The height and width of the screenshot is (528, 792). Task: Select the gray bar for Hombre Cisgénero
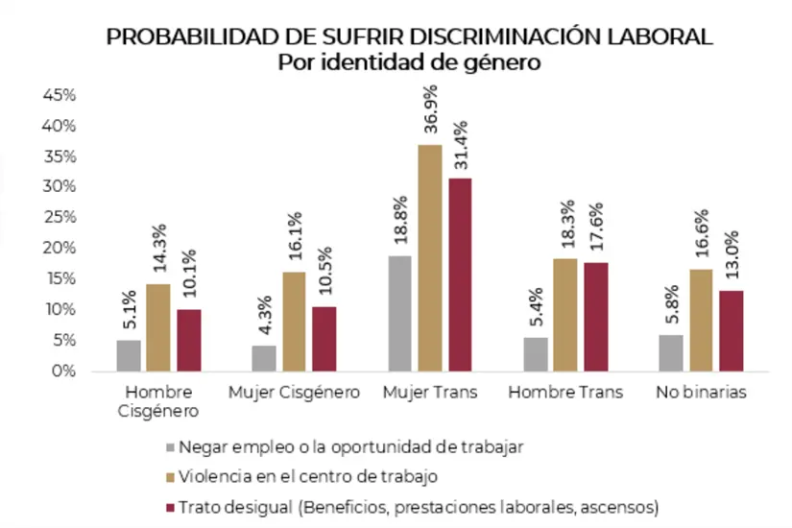pyautogui.click(x=129, y=354)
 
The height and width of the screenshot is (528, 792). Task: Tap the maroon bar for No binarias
pyautogui.click(x=731, y=330)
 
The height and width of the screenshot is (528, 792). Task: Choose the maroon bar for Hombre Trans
pyautogui.click(x=595, y=316)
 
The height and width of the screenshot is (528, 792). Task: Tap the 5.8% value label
pyautogui.click(x=671, y=303)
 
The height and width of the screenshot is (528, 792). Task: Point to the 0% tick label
pyautogui.click(x=63, y=371)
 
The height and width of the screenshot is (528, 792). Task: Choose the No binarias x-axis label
pyautogui.click(x=701, y=393)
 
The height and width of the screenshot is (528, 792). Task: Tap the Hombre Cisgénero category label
pyautogui.click(x=159, y=402)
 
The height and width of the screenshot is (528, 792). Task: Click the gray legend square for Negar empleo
pyautogui.click(x=170, y=446)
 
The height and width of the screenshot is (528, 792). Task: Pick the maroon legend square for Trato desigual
pyautogui.click(x=170, y=505)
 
